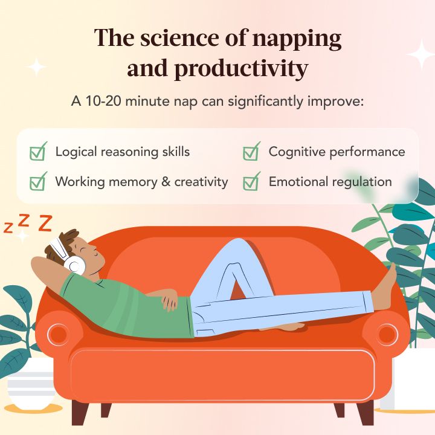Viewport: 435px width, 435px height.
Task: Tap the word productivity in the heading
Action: (241, 69)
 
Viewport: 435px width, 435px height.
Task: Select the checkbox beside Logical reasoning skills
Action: (38, 152)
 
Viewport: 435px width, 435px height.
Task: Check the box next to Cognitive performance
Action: (251, 152)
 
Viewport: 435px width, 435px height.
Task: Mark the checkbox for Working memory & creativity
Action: (38, 181)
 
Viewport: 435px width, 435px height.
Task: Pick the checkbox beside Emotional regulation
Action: (251, 181)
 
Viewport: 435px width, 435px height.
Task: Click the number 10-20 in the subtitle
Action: (103, 101)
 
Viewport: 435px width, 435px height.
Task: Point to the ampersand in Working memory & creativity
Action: (166, 182)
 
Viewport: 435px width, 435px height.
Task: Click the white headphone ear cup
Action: (74, 265)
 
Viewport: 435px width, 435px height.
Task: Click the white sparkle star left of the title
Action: (36, 67)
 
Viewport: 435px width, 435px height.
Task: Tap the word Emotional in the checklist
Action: (298, 182)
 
